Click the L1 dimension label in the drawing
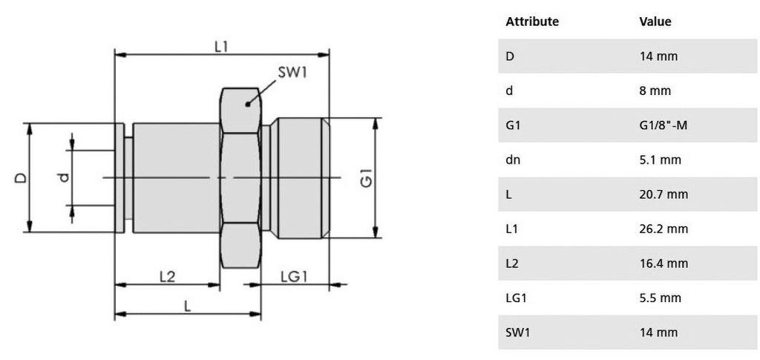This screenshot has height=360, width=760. click(220, 46)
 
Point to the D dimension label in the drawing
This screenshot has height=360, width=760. click(22, 178)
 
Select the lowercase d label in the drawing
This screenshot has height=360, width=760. click(64, 177)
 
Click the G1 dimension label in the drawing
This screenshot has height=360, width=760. click(365, 179)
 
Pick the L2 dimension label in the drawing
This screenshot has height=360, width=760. click(168, 276)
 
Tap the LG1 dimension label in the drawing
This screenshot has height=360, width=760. click(295, 276)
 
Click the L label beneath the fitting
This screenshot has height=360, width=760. click(187, 305)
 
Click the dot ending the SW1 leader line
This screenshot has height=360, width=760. click(247, 105)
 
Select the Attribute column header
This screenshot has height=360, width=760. click(532, 22)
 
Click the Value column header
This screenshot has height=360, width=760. click(655, 22)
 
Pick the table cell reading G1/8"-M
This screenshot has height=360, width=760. click(664, 125)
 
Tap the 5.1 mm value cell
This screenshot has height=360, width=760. click(660, 160)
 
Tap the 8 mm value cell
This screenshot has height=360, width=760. click(655, 91)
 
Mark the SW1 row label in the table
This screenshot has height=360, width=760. click(518, 332)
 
